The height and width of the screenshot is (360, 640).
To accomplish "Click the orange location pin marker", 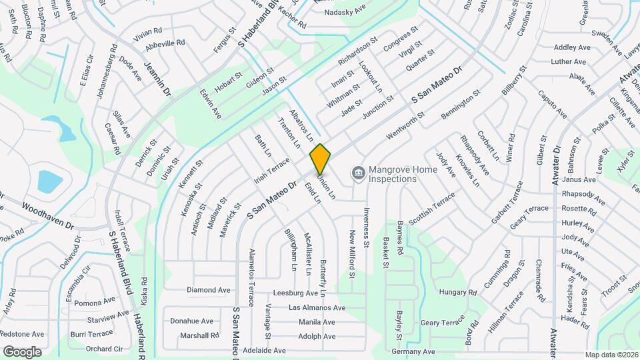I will [320, 159].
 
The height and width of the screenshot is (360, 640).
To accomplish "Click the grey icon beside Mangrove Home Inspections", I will [359, 174].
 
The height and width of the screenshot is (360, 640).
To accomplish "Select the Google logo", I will [22, 351].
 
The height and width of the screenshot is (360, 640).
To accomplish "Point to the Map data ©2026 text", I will [611, 355].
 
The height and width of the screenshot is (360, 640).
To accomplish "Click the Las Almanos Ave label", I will [317, 308].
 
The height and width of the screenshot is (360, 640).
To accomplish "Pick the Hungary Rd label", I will [458, 293].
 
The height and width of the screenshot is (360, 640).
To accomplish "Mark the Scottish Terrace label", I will [431, 209].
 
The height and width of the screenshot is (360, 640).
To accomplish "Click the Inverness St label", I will [367, 229].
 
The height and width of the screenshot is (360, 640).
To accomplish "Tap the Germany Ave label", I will [413, 351].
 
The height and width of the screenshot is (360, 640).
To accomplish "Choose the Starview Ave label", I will [108, 315].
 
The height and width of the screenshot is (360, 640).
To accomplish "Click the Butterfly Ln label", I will [323, 278].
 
